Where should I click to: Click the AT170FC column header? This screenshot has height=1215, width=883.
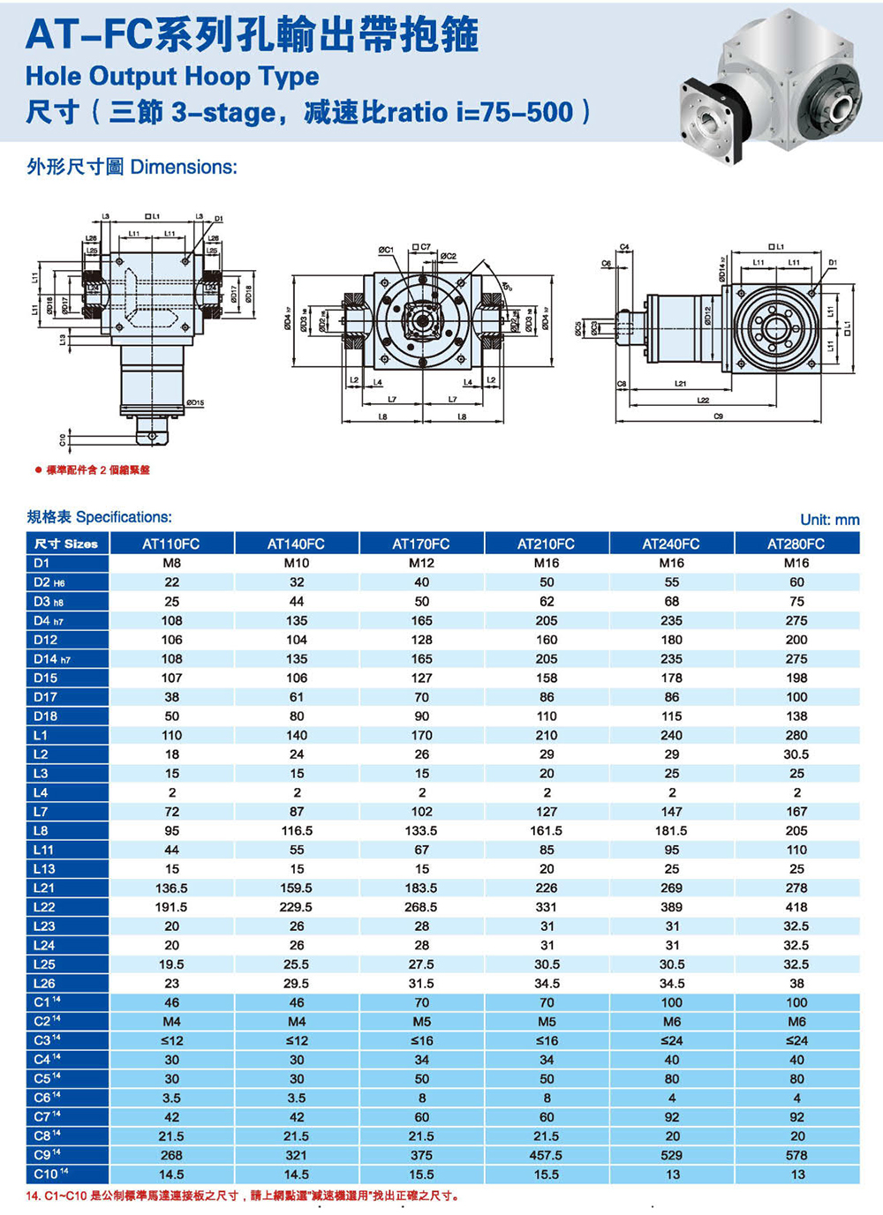(x=421, y=544)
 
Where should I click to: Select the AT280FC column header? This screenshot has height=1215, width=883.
(x=796, y=544)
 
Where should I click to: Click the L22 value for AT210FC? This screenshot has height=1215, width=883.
(x=547, y=907)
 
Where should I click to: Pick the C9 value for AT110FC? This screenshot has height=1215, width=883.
(x=171, y=1155)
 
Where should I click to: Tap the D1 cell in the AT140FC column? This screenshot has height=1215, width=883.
(x=297, y=563)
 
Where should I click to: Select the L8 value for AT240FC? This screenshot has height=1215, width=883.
(x=671, y=830)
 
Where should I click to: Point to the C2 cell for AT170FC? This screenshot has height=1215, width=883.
(x=421, y=1022)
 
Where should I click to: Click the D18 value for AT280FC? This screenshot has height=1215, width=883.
(x=796, y=716)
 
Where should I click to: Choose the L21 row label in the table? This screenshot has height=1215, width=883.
(x=44, y=888)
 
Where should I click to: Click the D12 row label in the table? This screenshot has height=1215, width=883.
(x=46, y=640)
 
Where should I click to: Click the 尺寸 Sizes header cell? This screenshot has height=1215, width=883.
(x=66, y=544)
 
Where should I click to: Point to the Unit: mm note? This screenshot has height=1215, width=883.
(x=829, y=520)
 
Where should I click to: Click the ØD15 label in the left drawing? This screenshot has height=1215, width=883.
(x=194, y=403)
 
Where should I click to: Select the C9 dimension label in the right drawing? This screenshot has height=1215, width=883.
(x=718, y=415)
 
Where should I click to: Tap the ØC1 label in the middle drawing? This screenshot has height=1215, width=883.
(x=386, y=250)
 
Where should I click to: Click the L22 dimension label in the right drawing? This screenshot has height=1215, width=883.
(x=703, y=400)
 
